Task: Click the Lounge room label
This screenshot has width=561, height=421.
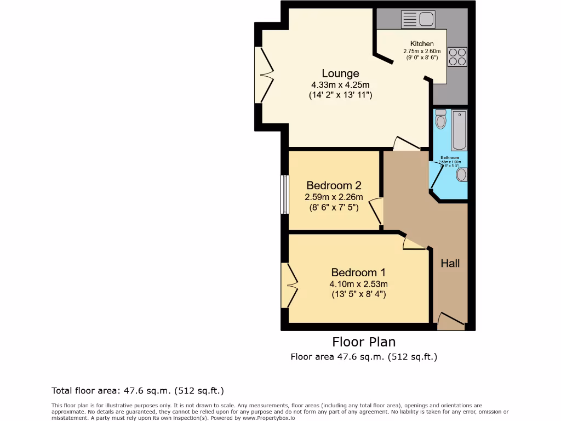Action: coord(340,73)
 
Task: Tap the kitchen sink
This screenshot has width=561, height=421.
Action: coord(417,20)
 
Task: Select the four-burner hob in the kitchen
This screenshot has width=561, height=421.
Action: coord(457,57)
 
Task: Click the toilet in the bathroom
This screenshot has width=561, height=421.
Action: coord(440,119)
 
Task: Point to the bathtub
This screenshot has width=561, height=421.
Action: coord(459,130)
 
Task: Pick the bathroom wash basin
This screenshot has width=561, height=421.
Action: coord(461,174)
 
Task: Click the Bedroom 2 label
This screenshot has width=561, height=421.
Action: coord(334,185)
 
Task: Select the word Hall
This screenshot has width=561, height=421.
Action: coord(450,264)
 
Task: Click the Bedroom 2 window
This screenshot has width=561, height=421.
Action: coord(284,195)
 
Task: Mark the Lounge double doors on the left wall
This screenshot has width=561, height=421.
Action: coord(265,75)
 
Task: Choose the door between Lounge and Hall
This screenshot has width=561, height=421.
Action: coord(406,144)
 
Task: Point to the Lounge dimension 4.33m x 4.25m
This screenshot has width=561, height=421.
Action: coord(340,85)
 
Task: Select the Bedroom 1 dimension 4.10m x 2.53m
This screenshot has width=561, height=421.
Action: coord(358,284)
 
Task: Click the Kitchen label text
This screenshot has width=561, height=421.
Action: coord(422,44)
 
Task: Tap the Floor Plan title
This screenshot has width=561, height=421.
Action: coord(364,342)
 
